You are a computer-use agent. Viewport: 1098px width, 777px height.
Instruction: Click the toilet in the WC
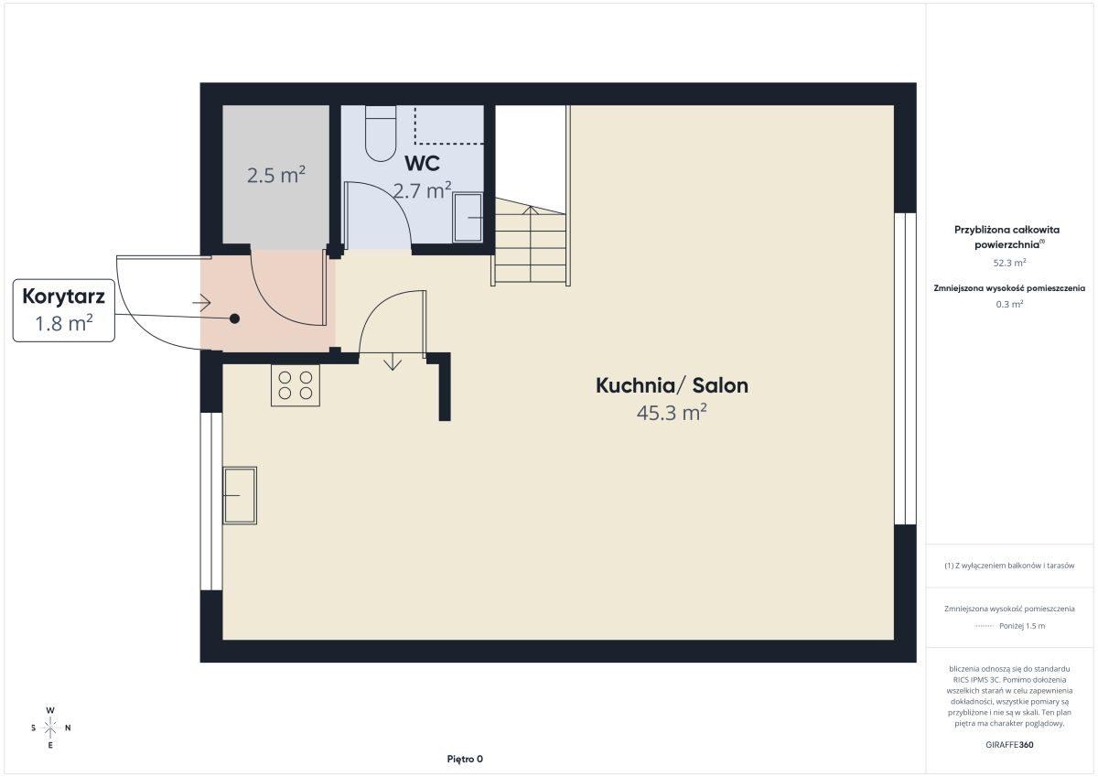pyautogui.click(x=381, y=134)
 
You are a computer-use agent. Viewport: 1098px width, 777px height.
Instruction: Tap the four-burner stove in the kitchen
pyautogui.click(x=295, y=385)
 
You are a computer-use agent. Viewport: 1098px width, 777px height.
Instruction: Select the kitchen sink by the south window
pyautogui.click(x=240, y=495)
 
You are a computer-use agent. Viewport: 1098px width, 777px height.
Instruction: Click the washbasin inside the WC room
pyautogui.click(x=468, y=217)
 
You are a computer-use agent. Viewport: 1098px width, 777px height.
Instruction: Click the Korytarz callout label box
pyautogui.click(x=64, y=310)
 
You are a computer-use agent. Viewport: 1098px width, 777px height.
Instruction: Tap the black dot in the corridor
pyautogui.click(x=235, y=318)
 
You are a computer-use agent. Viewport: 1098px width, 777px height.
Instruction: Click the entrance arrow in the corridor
pyautogui.click(x=201, y=303)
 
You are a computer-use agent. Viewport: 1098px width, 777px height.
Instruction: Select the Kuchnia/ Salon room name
pyautogui.click(x=672, y=386)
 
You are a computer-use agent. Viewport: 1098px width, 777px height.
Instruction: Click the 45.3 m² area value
pyautogui.click(x=672, y=412)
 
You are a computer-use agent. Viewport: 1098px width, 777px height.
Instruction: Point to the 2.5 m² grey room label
pyautogui.click(x=276, y=175)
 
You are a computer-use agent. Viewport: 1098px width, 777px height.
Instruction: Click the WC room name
pyautogui.click(x=422, y=163)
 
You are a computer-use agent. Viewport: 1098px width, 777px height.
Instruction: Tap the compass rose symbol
pyautogui.click(x=50, y=728)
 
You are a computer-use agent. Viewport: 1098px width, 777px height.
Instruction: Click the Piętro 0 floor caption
pyautogui.click(x=465, y=759)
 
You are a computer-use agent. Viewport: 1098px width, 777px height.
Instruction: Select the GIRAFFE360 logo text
pyautogui.click(x=1009, y=745)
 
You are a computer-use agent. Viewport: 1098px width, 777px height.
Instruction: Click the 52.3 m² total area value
pyautogui.click(x=1009, y=263)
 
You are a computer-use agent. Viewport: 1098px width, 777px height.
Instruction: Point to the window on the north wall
pyautogui.click(x=905, y=369)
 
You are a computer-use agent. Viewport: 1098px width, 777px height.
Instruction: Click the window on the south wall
pyautogui.click(x=211, y=502)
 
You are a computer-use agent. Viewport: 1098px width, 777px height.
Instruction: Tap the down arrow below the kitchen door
pyautogui.click(x=393, y=362)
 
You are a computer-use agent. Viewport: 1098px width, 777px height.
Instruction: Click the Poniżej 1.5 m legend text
pyautogui.click(x=1022, y=626)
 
